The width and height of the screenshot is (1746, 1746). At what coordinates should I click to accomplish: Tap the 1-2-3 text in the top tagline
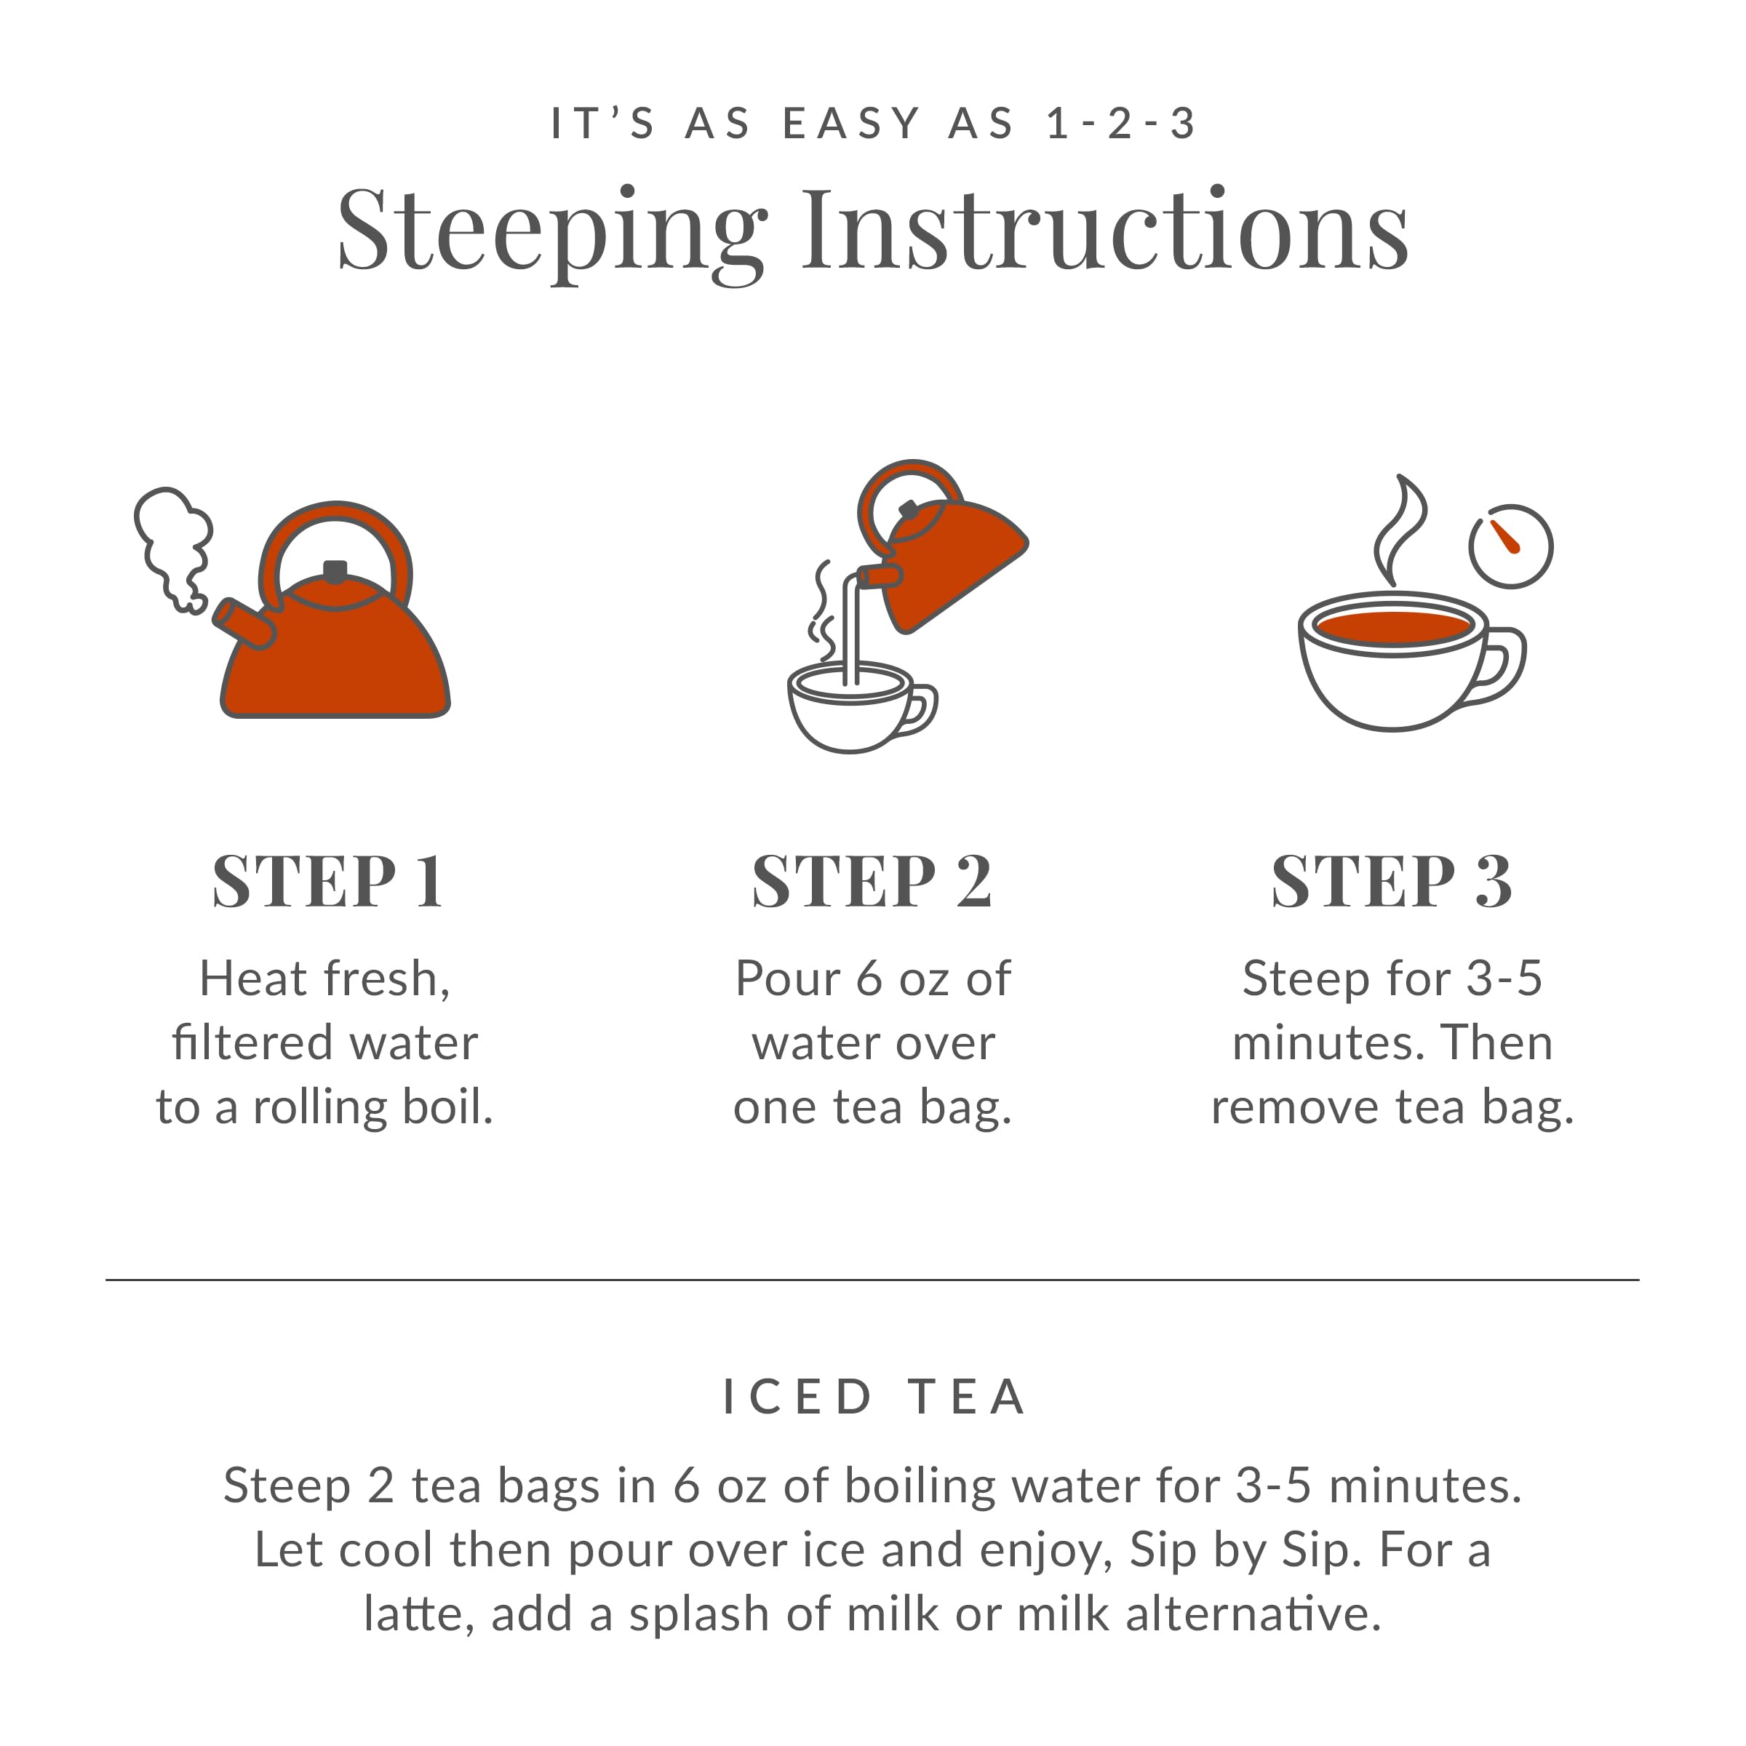[1120, 124]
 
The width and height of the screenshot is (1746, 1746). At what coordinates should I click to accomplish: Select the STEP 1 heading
[328, 881]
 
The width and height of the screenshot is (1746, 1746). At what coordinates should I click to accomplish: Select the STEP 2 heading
[872, 881]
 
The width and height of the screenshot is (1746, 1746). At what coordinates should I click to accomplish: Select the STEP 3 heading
[1392, 881]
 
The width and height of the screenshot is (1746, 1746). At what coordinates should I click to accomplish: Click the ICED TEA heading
[874, 1396]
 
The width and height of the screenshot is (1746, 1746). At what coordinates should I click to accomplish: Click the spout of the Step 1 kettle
[242, 623]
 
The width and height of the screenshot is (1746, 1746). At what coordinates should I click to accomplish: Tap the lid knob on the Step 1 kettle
[335, 571]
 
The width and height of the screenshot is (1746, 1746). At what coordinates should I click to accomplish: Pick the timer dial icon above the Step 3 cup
[1510, 546]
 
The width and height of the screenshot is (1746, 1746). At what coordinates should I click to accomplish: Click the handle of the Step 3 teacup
[1501, 666]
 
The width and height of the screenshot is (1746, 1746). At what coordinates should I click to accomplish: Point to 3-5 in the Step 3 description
[1504, 978]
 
